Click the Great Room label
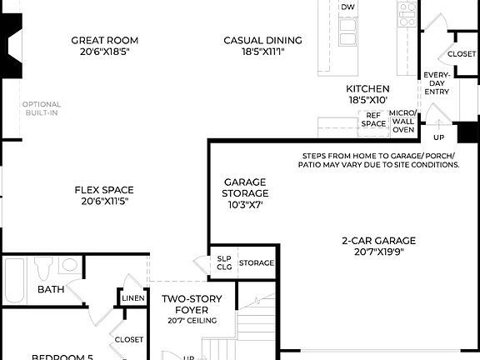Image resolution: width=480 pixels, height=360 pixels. (x=104, y=40)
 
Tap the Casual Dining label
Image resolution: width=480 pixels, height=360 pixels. (x=262, y=40)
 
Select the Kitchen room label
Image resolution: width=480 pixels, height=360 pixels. (x=367, y=88)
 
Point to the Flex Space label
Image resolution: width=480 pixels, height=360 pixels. (x=104, y=189)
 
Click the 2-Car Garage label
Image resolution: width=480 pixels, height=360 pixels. (x=378, y=241)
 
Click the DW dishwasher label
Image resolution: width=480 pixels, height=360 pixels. (x=347, y=7)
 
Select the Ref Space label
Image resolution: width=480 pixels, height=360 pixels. (x=373, y=119)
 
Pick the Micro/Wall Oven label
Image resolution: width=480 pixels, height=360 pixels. (x=403, y=121)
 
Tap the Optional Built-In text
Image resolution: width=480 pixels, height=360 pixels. (x=41, y=108)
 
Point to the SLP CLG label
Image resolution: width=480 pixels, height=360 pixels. (x=224, y=262)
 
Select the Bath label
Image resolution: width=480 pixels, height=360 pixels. (x=50, y=289)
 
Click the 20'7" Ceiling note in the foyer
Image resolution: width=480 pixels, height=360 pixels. (x=192, y=321)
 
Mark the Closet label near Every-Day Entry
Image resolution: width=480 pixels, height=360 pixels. (x=462, y=54)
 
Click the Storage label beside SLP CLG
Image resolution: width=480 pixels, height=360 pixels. (x=257, y=263)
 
